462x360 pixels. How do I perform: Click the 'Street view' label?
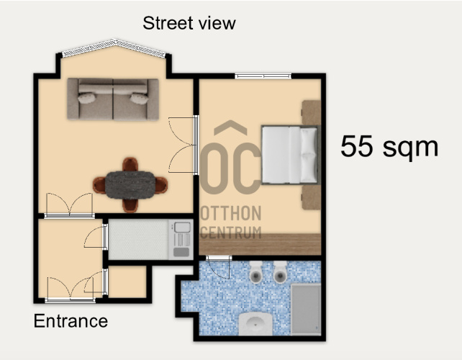click(x=189, y=23)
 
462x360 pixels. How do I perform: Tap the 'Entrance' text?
click(x=71, y=321)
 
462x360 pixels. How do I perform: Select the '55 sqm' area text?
click(x=389, y=147)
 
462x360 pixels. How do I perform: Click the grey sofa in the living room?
click(x=113, y=99)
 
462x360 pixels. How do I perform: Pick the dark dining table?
click(x=130, y=185)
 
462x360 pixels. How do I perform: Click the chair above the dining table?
click(x=130, y=165)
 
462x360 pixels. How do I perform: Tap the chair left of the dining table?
click(x=99, y=185)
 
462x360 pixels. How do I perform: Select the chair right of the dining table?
click(x=161, y=185)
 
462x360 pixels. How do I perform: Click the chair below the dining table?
click(x=130, y=205)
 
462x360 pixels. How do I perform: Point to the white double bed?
click(x=290, y=155)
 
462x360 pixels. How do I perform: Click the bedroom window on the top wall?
click(x=263, y=76)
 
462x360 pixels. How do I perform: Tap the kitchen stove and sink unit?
click(x=181, y=240)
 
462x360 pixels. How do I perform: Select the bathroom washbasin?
click(x=255, y=324)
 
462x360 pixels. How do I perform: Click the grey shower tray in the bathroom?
click(x=306, y=310)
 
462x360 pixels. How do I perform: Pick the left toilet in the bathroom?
click(x=255, y=272)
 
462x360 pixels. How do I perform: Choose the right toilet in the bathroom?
click(x=280, y=272)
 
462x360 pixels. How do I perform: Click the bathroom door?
click(x=219, y=267)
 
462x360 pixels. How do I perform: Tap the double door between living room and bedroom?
click(x=184, y=145)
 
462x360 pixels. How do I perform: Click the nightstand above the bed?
click(x=311, y=112)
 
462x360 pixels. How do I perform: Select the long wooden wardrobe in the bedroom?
click(x=260, y=244)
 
